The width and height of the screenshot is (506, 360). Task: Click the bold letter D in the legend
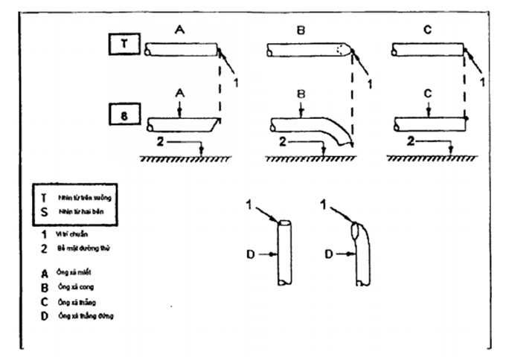[45, 315]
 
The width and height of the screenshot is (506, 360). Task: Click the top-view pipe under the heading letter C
[429, 50]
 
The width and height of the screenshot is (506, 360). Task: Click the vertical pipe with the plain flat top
[284, 253]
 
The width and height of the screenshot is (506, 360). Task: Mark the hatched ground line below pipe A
[179, 158]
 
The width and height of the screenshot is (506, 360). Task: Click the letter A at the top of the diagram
[179, 30]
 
